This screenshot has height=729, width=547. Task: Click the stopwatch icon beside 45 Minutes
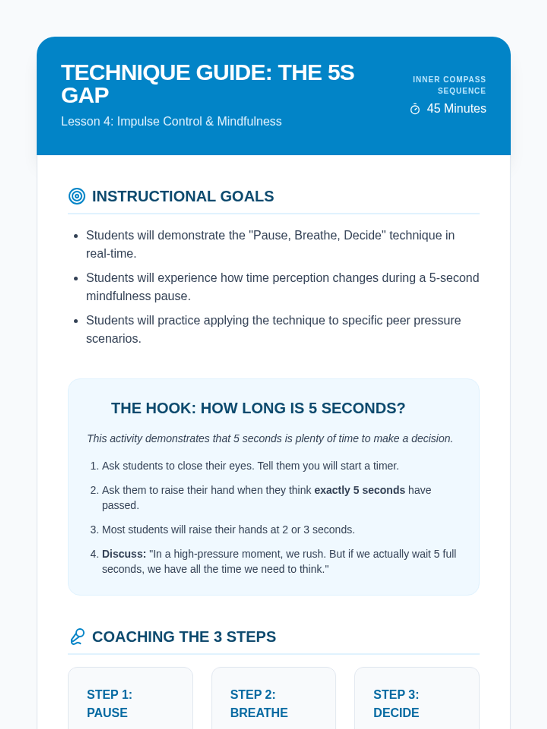point(415,109)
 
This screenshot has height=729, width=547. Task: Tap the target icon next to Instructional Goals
point(77,196)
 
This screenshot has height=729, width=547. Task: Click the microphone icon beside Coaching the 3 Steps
point(77,637)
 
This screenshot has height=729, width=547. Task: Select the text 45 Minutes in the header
point(456,108)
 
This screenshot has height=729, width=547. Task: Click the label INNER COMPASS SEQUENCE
point(449,85)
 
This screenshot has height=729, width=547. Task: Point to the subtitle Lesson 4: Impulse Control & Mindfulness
point(171,121)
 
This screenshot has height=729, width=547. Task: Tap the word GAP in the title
point(85,95)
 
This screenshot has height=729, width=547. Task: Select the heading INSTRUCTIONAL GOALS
point(183,196)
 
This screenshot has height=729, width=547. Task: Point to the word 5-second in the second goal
point(454,277)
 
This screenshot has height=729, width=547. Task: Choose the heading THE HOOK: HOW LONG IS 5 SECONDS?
point(258,408)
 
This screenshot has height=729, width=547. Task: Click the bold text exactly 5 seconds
point(360,490)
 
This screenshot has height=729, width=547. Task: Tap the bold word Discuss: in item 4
point(124,554)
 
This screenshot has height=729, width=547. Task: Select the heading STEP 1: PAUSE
point(109,703)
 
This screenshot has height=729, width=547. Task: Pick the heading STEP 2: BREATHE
point(259,703)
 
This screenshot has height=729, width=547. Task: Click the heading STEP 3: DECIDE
point(396,703)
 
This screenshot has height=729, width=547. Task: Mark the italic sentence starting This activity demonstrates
point(270,438)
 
